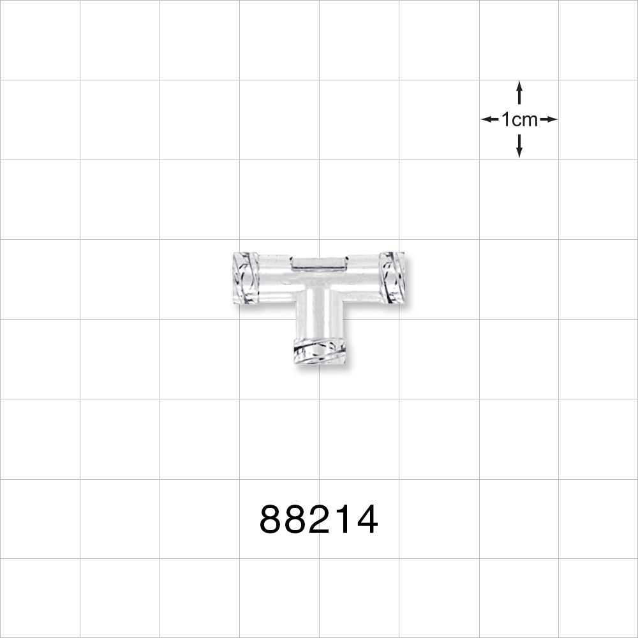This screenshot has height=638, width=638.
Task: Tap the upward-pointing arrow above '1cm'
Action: coord(519,92)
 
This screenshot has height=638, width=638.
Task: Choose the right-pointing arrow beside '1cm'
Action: coord(549,119)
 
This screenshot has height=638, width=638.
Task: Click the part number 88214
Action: coord(319,520)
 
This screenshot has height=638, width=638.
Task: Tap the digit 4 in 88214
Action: coord(366,520)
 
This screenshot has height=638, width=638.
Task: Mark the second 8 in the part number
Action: coord(297,520)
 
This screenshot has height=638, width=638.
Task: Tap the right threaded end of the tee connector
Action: coord(392,278)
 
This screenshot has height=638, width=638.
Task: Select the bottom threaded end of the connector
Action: coord(320,352)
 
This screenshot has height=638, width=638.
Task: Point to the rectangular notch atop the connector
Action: coord(319,262)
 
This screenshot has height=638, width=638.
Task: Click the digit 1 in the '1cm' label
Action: coord(506,119)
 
